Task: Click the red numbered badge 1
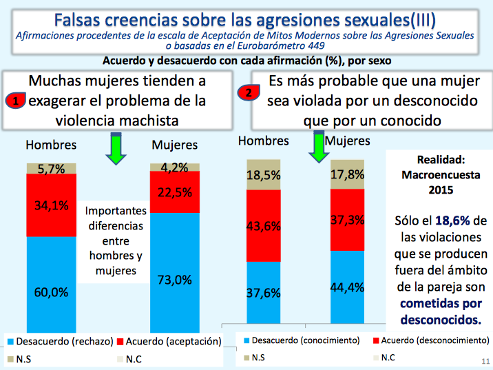[x=17, y=101]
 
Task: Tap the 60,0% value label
[x=51, y=291]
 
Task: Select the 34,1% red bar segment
[x=51, y=205]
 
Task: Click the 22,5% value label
[x=175, y=192]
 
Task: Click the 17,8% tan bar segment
[x=347, y=174]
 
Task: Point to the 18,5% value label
[x=264, y=176]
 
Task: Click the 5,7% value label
[x=51, y=168]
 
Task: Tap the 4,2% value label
[x=175, y=167]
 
